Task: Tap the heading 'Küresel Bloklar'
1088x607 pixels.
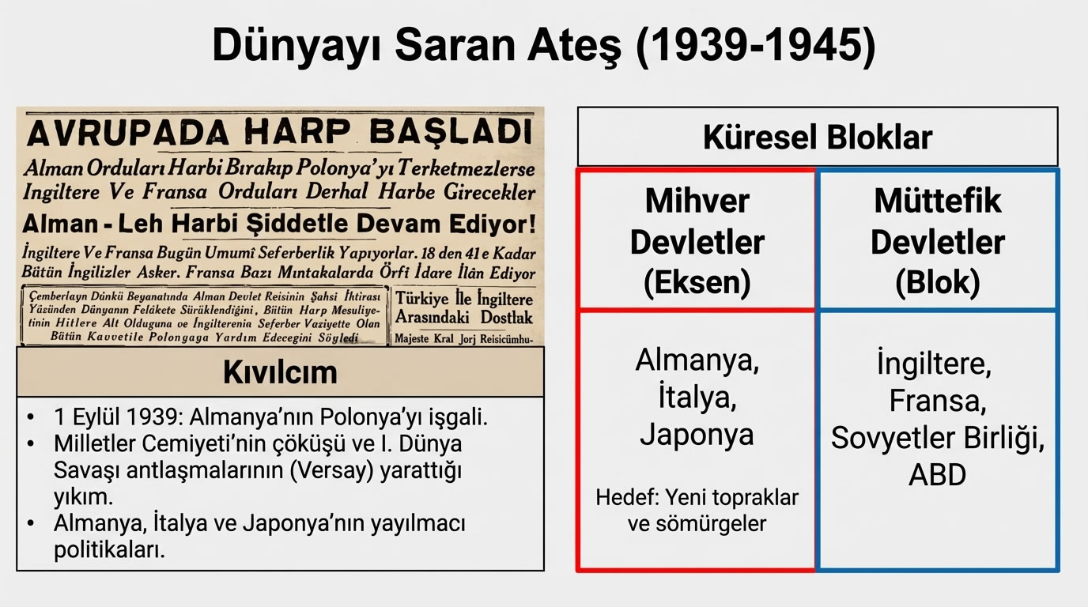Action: point(818,137)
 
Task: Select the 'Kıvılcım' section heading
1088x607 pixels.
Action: point(280,371)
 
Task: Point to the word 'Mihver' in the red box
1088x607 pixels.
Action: point(697,201)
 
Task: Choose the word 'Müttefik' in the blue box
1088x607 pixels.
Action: point(938,201)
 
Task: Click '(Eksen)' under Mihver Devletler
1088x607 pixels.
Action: point(697,283)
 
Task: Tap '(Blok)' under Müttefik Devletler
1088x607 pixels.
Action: point(938,283)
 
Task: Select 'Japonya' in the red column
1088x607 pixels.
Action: point(697,434)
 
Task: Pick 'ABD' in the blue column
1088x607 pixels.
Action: point(938,475)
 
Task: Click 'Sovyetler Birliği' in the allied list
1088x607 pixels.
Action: point(938,439)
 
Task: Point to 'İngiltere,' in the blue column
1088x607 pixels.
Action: point(934,364)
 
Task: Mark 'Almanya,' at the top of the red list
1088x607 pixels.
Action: point(697,361)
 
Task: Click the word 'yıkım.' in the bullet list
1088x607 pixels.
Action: point(83,497)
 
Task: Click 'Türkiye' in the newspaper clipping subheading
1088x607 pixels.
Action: point(422,299)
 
